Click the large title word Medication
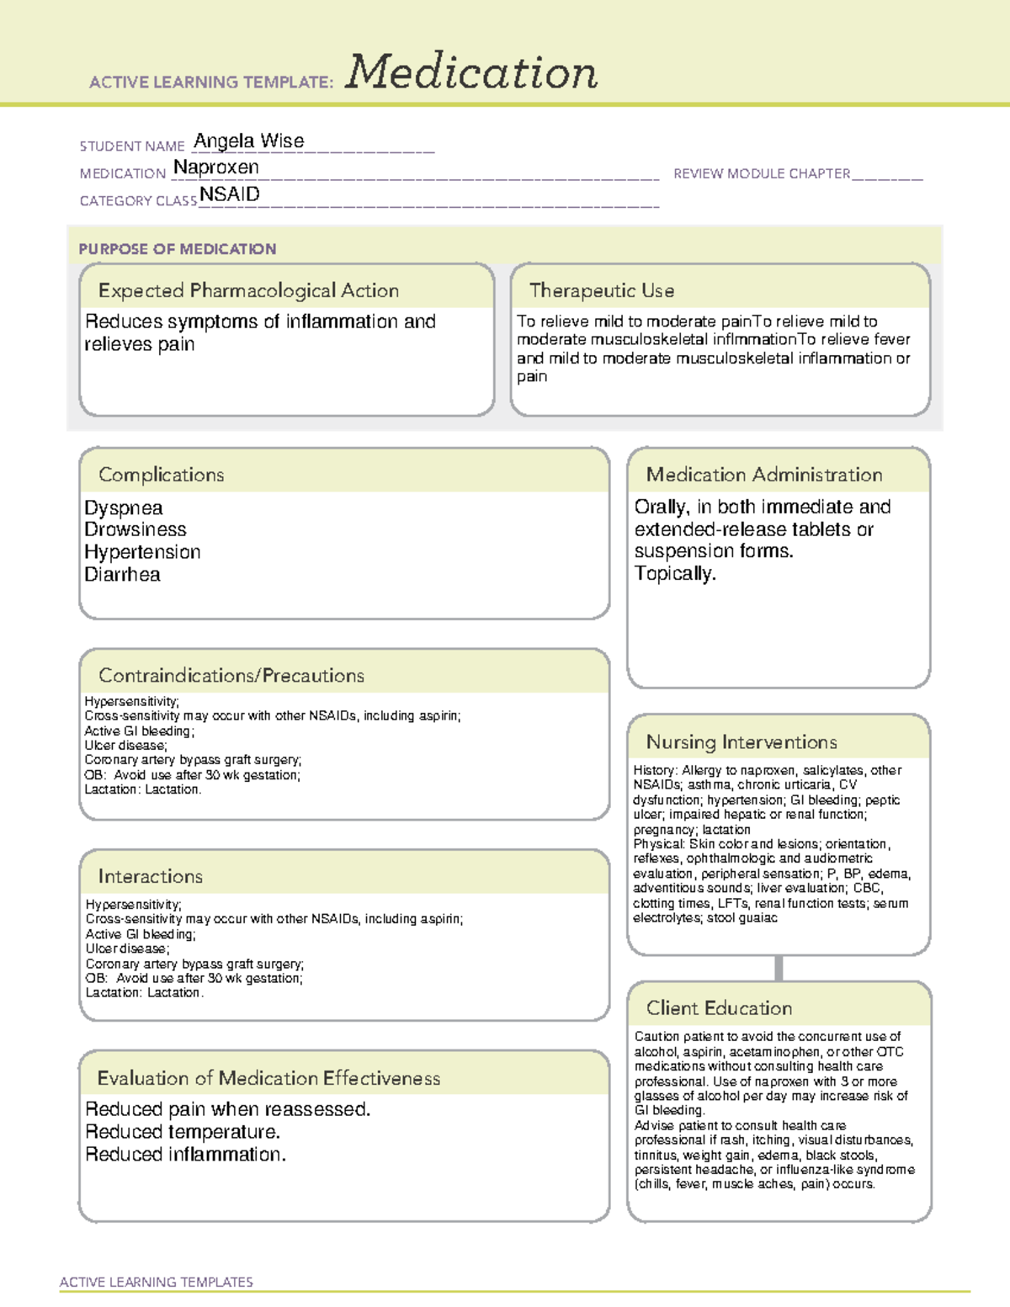pos(471,72)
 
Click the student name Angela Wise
pos(249,141)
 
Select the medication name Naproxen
pos(216,167)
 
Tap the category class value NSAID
pos(230,194)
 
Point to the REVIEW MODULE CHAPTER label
pos(762,173)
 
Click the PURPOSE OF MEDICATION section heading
pos(178,249)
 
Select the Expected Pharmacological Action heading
pos(248,290)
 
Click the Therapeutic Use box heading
pos(602,290)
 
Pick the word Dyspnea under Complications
pos(124,508)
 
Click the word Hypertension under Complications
pos(142,552)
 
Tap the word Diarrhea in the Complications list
pos(122,575)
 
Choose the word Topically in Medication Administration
pos(675,574)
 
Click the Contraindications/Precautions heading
pos(231,676)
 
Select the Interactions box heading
pos(151,877)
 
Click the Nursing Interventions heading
pos(742,742)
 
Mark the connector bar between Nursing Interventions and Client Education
pos(779,968)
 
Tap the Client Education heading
pos(719,1008)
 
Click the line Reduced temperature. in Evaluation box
pos(183,1132)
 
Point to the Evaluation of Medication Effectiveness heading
pos(268,1078)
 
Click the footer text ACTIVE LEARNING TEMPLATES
pos(157,1282)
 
